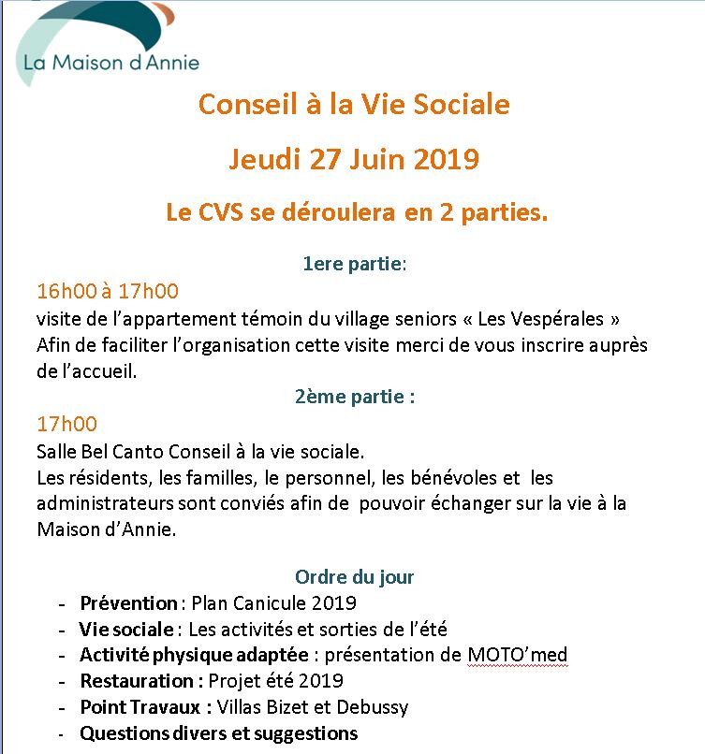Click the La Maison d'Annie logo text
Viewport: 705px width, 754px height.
[111, 63]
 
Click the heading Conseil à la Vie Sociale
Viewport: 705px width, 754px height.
[354, 104]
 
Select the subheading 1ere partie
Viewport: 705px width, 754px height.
[354, 264]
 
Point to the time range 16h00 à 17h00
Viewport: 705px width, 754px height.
[108, 290]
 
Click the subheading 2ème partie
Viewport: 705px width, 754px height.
[354, 396]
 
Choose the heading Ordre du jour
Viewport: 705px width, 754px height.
[354, 577]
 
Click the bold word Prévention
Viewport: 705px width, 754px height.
[128, 603]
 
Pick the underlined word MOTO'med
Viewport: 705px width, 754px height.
[517, 655]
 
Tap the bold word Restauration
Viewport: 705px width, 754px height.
[137, 681]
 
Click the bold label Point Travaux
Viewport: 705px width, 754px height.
[140, 707]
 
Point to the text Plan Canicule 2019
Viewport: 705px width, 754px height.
[273, 603]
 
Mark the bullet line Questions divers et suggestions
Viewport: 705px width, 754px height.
[218, 733]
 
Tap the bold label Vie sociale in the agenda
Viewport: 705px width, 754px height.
[126, 629]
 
